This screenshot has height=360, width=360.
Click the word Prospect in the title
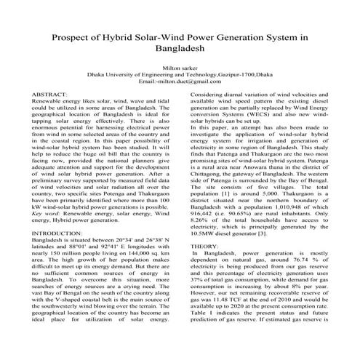76,36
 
